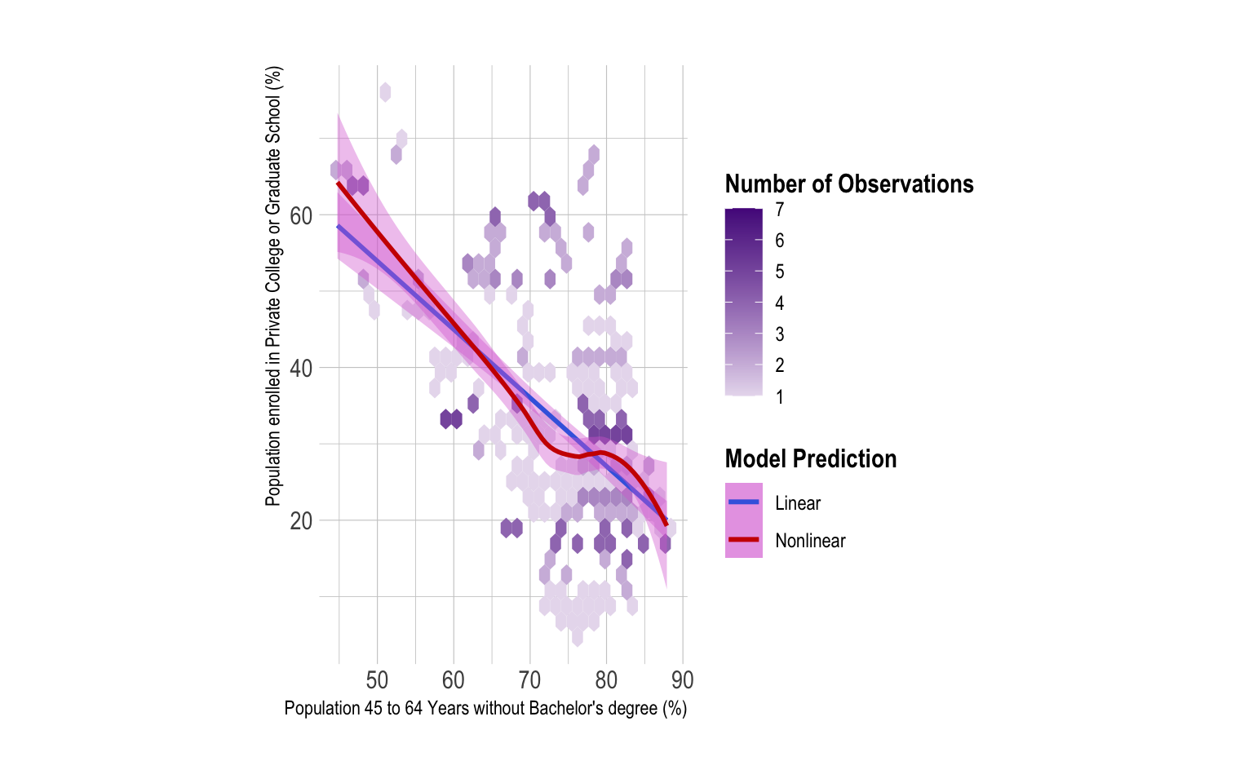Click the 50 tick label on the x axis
(377, 680)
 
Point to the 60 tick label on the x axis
(454, 680)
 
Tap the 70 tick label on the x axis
(530, 680)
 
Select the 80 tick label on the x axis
(606, 680)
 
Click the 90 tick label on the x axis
(683, 680)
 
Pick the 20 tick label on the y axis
(301, 521)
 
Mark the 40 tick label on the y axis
(301, 369)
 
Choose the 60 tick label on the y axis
(301, 216)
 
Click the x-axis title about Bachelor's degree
(485, 708)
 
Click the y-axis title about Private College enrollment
(273, 285)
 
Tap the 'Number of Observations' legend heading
(849, 184)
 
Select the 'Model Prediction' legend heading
(811, 459)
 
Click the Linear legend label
(798, 503)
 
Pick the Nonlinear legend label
(810, 541)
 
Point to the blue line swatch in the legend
(744, 502)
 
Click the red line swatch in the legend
(744, 539)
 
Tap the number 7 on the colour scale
(780, 210)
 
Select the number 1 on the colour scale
(780, 397)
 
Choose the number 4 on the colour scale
(780, 303)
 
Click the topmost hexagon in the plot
(385, 92)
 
